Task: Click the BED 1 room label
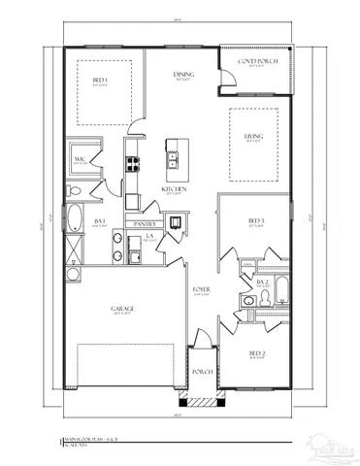point(100,81)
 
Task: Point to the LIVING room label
point(252,137)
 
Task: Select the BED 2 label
point(256,352)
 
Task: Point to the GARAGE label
point(122,310)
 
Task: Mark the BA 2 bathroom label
point(262,282)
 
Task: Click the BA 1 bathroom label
point(100,221)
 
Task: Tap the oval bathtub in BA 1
point(72,215)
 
